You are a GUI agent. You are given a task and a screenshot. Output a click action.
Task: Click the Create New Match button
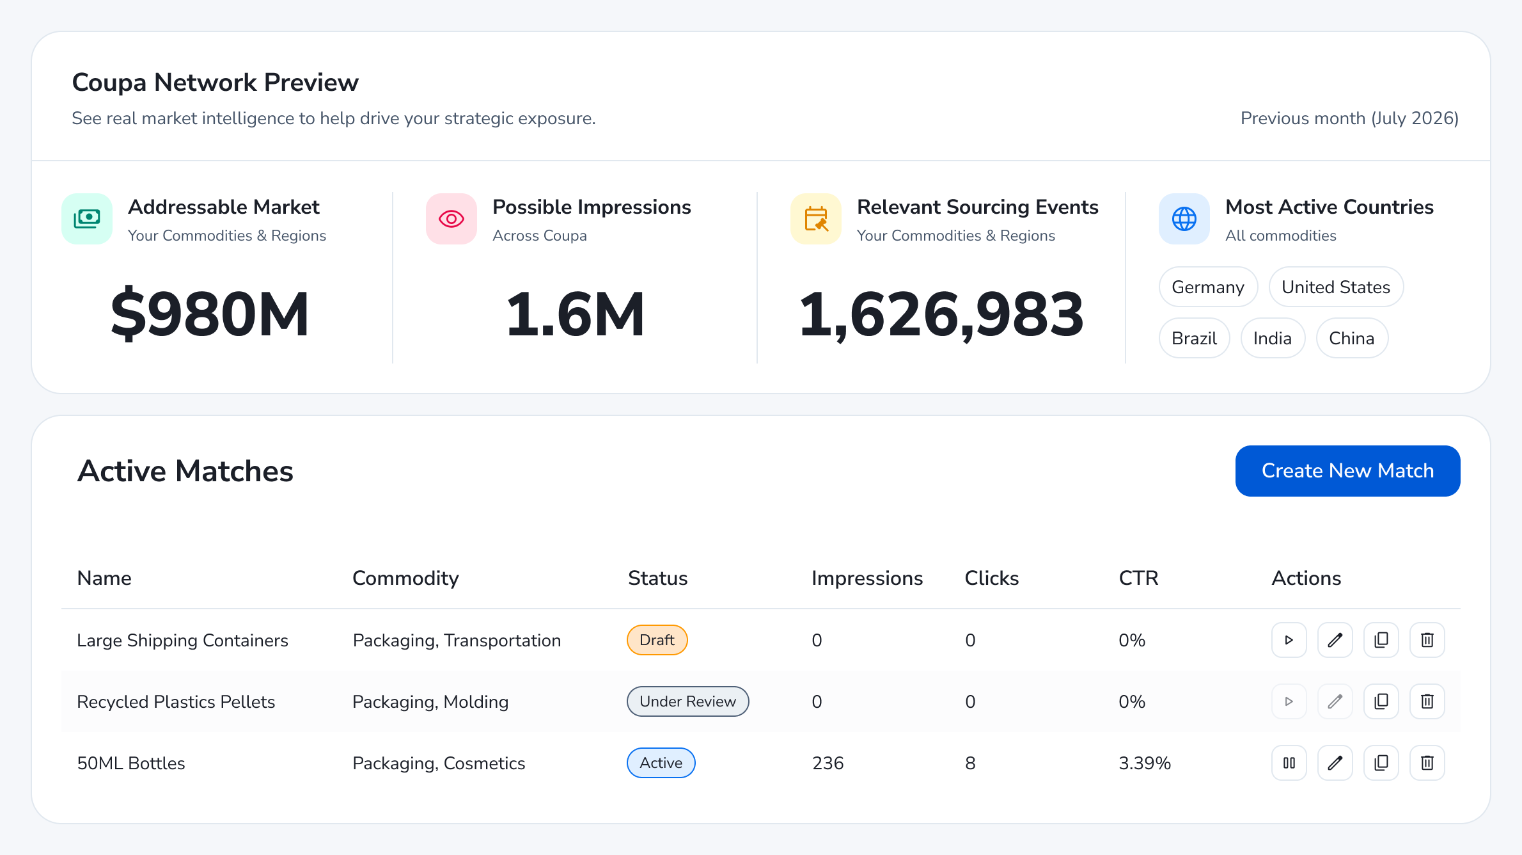(1347, 471)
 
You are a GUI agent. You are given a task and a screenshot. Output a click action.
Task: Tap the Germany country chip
(1208, 287)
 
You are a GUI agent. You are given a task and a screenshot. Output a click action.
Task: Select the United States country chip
(1336, 287)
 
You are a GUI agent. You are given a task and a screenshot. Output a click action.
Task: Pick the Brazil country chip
(1194, 338)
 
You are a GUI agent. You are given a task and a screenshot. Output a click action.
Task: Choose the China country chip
(1352, 338)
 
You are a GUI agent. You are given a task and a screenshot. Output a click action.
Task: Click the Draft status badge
(657, 640)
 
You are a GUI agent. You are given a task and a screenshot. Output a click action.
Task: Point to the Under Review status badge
(688, 701)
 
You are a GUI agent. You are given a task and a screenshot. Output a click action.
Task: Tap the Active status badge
(661, 763)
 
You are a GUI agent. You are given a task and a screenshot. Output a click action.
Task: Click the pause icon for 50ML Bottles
(1289, 763)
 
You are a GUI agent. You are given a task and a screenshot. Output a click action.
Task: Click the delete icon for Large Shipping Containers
(1427, 640)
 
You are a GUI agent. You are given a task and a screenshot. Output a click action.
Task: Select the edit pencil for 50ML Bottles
(1335, 763)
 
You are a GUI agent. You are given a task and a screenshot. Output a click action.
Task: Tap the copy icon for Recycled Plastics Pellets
(1381, 701)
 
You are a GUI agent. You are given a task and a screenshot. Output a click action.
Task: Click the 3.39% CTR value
(1145, 763)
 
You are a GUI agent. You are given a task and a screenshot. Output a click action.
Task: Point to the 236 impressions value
(828, 763)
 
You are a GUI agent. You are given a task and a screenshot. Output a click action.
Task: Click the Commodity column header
(405, 578)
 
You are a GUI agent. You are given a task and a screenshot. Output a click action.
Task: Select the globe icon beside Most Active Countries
(1184, 219)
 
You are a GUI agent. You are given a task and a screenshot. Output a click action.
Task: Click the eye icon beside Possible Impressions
(451, 219)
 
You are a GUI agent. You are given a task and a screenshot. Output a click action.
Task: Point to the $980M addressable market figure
(210, 314)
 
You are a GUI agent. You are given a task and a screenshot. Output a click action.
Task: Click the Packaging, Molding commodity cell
(430, 701)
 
